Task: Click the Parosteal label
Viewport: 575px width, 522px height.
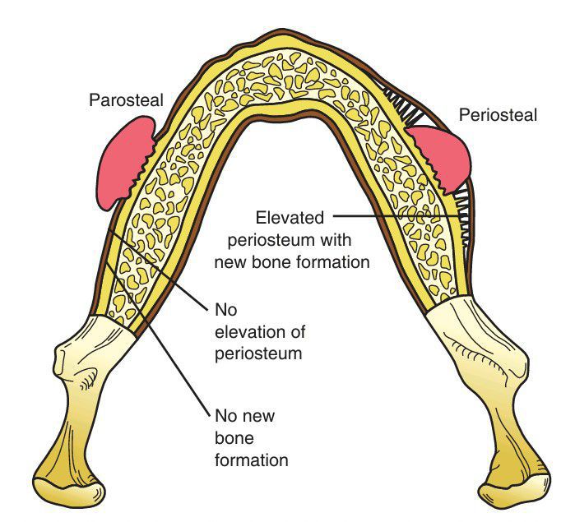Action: [x=126, y=100]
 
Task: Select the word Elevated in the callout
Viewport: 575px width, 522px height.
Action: [x=290, y=218]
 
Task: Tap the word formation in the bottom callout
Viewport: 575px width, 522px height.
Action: [x=251, y=460]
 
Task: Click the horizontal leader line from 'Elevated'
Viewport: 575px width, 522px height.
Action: [x=395, y=216]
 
